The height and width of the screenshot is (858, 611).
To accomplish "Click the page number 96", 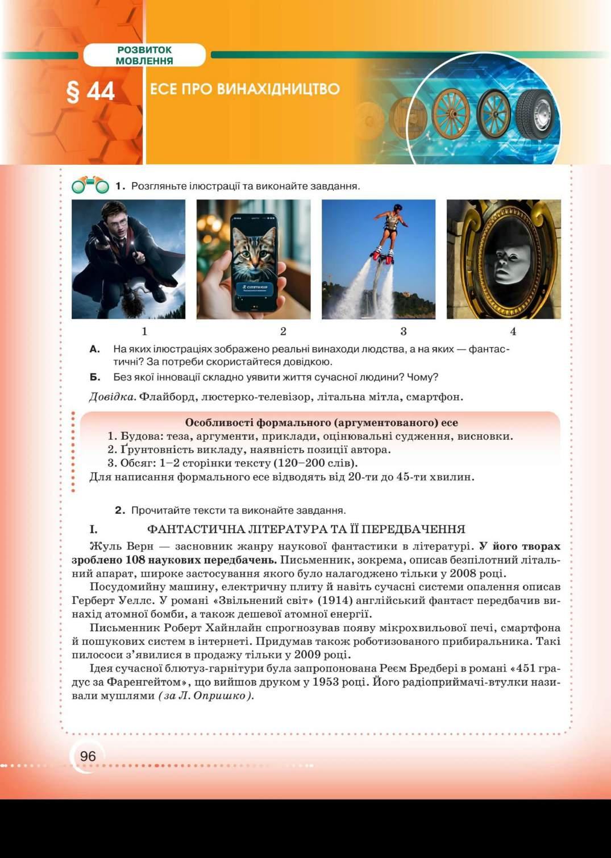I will (88, 756).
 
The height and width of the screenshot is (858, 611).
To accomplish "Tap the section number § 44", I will (91, 91).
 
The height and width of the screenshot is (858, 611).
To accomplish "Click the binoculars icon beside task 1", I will (90, 185).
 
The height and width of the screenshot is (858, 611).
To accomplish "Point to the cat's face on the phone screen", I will (254, 255).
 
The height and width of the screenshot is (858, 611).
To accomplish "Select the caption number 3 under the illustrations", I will (404, 331).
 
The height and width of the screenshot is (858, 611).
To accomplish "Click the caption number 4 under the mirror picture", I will (513, 331).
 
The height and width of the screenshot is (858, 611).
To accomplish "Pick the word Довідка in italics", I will (113, 397).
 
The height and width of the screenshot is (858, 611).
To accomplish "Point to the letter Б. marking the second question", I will (95, 377).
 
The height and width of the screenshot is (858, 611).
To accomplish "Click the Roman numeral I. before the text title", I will (93, 530).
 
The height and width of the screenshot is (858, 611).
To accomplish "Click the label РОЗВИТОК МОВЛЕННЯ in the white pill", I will (144, 55).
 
